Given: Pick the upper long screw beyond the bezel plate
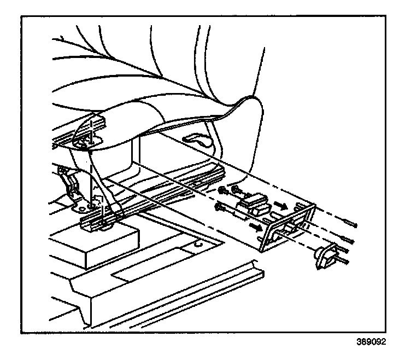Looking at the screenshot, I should tap(348, 223).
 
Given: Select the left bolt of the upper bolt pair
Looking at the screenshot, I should tap(223, 191).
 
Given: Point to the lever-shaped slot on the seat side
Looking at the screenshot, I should tap(198, 141).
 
